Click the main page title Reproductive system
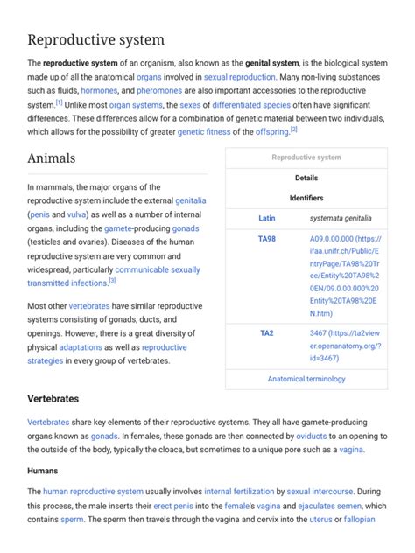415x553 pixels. point(97,39)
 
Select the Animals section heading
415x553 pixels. point(52,158)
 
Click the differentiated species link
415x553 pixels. point(247,104)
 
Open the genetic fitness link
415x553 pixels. point(204,132)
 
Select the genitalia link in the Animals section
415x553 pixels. point(190,200)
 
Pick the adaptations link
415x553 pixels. point(81,347)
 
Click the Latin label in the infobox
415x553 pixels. point(267,218)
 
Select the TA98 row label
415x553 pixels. point(267,238)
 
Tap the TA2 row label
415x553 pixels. point(267,333)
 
